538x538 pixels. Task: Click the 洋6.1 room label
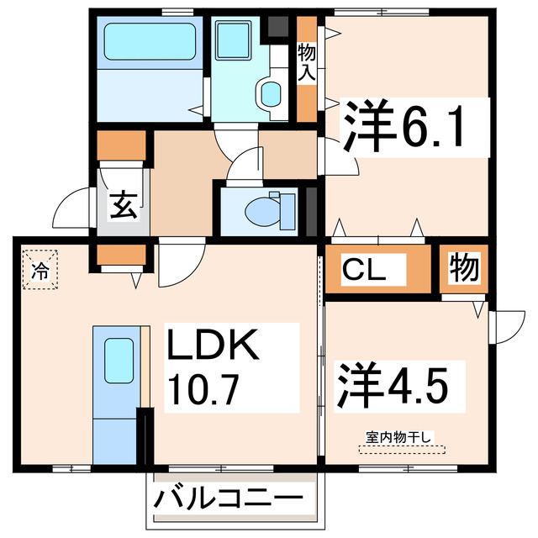coord(402,126)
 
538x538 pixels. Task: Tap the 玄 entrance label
coord(124,204)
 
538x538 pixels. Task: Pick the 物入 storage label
coord(307,63)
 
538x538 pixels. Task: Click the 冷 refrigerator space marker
coord(40,271)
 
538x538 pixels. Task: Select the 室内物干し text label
coord(399,435)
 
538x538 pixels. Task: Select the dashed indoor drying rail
coord(399,447)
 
